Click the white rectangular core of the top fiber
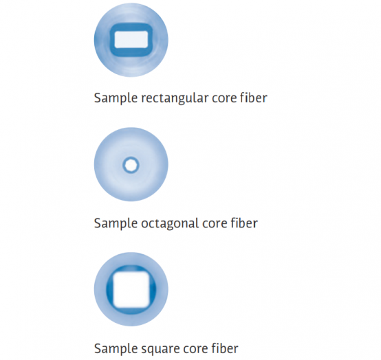(x=131, y=40)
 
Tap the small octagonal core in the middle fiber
(x=131, y=165)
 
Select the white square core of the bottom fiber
(x=131, y=289)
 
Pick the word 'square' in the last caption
(x=160, y=349)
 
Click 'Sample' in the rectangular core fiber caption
(x=116, y=98)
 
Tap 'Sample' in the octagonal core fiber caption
(x=116, y=223)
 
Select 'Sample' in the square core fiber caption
(x=116, y=349)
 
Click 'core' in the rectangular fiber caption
(x=224, y=99)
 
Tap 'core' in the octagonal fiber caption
(x=215, y=224)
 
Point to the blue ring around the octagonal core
(x=131, y=158)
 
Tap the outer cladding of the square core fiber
(x=100, y=289)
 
